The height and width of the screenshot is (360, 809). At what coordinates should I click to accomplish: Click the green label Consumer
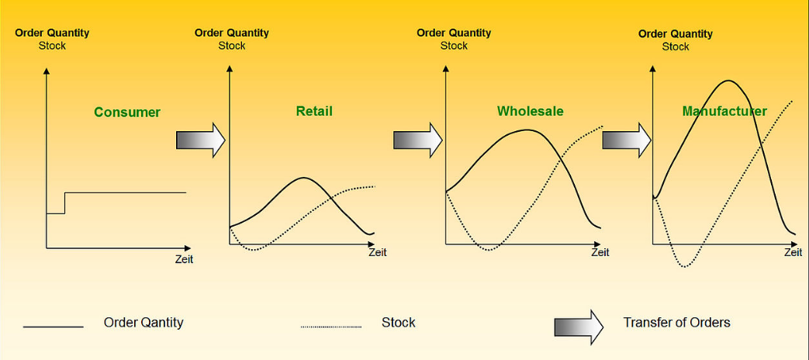127,112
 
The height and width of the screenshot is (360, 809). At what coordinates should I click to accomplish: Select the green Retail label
314,111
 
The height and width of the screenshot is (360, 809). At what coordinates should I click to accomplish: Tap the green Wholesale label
531,112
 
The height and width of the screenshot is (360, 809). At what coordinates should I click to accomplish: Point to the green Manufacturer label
724,112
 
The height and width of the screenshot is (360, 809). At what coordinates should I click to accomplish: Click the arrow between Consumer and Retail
201,140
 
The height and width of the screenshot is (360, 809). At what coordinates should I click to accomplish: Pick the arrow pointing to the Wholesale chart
418,140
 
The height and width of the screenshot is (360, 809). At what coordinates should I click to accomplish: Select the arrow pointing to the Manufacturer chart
627,140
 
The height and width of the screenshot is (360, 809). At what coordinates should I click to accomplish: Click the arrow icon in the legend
579,327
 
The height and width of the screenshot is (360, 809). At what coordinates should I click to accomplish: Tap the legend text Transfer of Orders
677,323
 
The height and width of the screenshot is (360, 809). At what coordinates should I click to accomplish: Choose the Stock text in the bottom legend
399,323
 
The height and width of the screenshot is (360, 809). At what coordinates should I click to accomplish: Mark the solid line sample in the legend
54,327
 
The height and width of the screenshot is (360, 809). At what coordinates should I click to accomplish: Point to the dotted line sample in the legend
330,327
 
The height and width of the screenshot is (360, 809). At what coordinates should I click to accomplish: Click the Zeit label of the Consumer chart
184,259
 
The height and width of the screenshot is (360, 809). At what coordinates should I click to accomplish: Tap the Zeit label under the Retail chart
377,253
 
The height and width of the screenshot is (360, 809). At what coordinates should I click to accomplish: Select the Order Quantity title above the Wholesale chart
454,33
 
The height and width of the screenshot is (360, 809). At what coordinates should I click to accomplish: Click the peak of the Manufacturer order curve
728,81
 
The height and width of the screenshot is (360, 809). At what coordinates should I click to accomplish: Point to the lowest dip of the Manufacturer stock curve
685,267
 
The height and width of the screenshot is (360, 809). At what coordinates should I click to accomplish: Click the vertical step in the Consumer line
65,203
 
